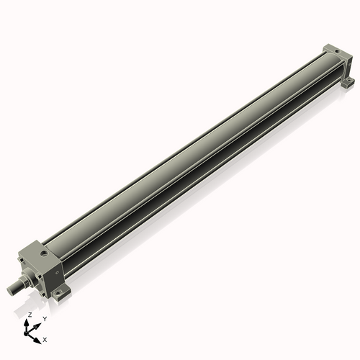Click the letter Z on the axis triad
[x=30, y=315]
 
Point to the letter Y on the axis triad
[x=45, y=318]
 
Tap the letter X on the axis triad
[x=45, y=338]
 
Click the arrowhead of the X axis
[x=38, y=336]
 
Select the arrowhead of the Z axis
[x=29, y=322]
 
